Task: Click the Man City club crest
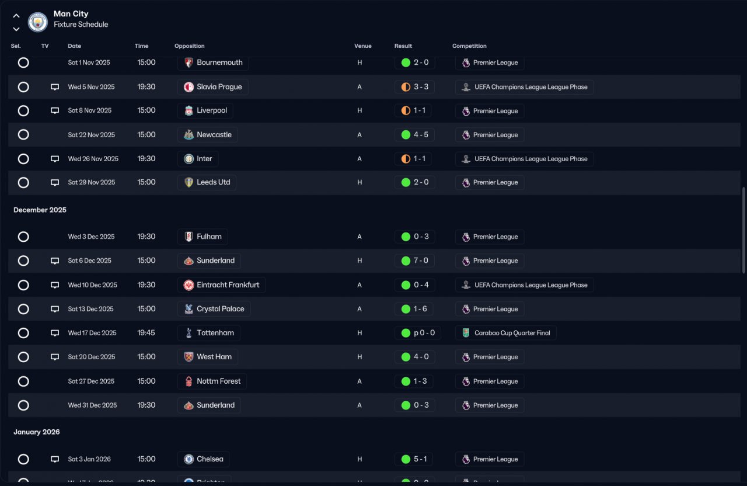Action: (37, 22)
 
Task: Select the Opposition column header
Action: (189, 46)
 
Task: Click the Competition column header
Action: (469, 46)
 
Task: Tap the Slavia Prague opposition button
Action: (213, 87)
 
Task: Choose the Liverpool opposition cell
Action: (205, 110)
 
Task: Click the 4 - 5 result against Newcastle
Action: (414, 135)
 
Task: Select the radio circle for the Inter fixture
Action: (23, 159)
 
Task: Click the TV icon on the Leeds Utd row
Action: (55, 182)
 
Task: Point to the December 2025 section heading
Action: (40, 210)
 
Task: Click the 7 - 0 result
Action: (414, 261)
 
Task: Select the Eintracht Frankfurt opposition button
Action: (221, 285)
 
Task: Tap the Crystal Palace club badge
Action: (189, 309)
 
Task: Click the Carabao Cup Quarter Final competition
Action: (505, 333)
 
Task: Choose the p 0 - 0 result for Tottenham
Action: (417, 333)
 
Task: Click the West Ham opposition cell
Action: (208, 357)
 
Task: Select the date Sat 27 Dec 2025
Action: (91, 381)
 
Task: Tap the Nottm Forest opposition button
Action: (212, 381)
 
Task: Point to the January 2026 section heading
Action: (37, 432)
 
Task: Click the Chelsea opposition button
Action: (203, 459)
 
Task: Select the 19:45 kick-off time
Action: (146, 333)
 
